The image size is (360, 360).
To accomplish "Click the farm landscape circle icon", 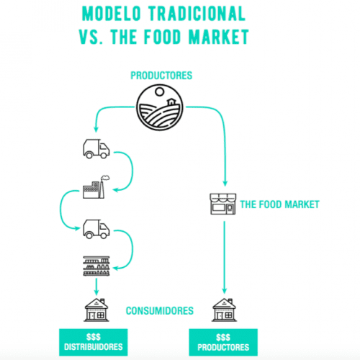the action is pos(160,107).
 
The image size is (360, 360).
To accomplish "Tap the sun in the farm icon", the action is pos(159,91).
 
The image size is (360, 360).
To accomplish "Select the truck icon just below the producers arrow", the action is pos(96,148).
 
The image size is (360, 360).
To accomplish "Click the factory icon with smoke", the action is pos(96,187).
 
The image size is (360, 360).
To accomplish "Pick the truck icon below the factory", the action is pos(96,229).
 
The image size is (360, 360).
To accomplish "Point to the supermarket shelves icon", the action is pos(96,266).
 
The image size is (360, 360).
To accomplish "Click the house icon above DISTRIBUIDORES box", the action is pos(96,310).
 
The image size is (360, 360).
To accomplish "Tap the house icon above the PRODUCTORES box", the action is pos(224,310).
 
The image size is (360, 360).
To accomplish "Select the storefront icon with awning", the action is pos(223,204).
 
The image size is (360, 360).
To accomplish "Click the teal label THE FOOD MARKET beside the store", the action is pos(279,204).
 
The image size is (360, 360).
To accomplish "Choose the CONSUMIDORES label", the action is pos(160,311).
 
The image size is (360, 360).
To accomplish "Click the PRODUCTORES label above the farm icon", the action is pos(161,76).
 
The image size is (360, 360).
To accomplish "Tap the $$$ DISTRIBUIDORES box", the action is pos(94,342).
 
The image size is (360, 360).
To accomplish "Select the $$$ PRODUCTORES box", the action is pos(223,343).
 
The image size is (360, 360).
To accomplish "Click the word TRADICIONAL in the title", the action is pos(197,14).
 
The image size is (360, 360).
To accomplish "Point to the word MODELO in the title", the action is pos(111,14).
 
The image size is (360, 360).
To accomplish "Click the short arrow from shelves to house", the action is pos(96,287).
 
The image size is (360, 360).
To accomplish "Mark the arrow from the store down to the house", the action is pos(225,257).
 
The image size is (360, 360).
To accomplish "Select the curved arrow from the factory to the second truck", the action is pos(60,209).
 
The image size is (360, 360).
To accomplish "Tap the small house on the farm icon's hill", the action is pos(171,102).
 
